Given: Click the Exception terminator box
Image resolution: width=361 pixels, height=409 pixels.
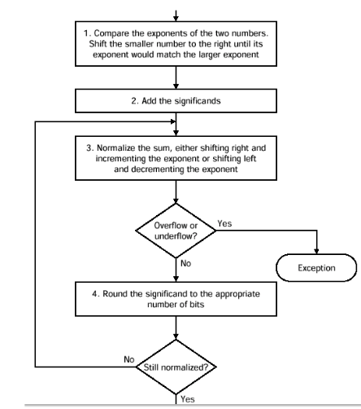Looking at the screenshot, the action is tap(316, 268).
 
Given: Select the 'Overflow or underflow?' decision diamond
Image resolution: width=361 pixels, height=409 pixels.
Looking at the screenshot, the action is tap(176, 231).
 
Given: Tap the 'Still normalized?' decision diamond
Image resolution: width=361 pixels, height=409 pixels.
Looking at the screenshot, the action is tap(176, 367).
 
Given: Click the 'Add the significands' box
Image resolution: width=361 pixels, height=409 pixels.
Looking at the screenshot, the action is tap(176, 101).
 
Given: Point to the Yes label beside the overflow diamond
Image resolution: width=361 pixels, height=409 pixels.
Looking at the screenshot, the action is tap(224, 223).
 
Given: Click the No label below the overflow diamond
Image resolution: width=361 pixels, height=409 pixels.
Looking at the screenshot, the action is tap(185, 263).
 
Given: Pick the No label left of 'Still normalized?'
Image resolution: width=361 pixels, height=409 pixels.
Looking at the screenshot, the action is tap(129, 359).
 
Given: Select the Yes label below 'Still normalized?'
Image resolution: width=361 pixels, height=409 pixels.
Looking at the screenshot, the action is tap(188, 399).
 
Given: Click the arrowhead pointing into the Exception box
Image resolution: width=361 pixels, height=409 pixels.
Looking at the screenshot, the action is tap(316, 251).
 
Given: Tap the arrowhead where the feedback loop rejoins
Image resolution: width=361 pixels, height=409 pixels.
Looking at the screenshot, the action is tap(173, 121).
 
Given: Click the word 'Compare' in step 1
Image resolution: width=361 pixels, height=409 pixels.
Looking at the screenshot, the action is tap(107, 33).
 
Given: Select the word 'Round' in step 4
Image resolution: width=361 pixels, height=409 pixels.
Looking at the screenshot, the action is tap(114, 294).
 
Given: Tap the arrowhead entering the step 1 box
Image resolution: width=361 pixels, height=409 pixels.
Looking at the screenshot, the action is tap(176, 19).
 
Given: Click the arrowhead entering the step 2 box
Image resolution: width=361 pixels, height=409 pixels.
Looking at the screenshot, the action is tap(176, 86).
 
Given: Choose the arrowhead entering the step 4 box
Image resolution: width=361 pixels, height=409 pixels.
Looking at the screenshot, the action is tap(176, 279).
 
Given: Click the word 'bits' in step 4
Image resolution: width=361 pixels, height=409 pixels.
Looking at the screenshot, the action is tap(197, 305).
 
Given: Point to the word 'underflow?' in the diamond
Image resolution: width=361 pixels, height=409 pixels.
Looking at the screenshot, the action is tap(176, 236).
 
